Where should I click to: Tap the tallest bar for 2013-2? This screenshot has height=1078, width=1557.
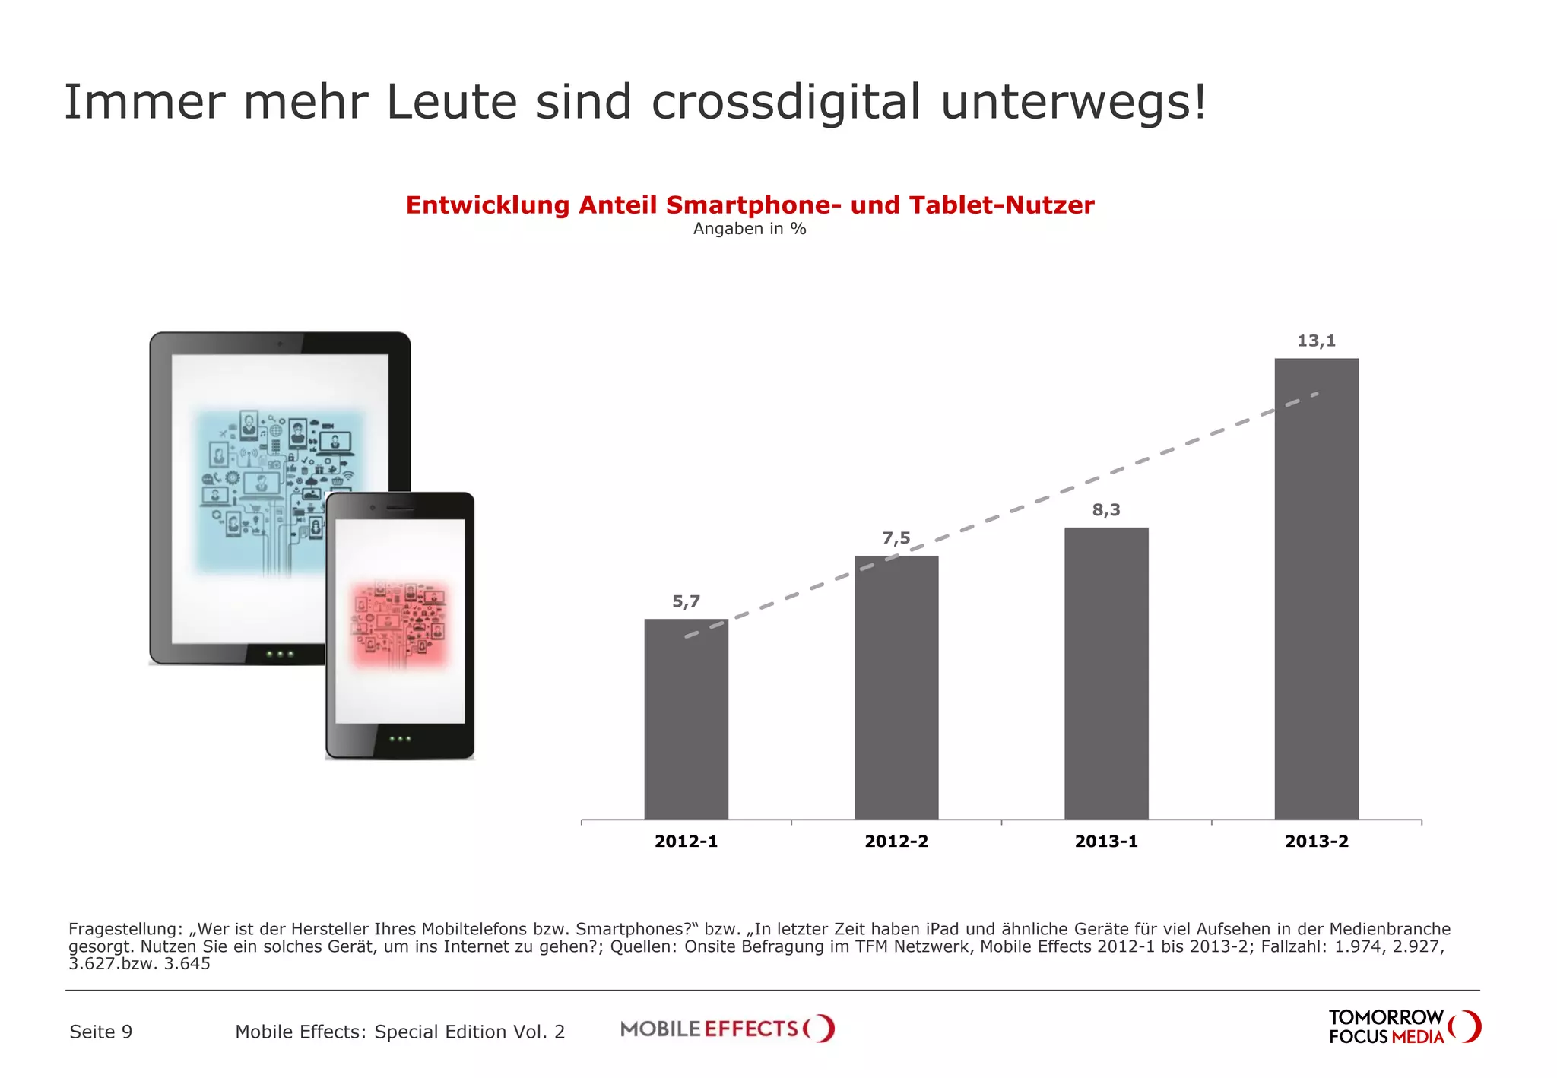tap(1316, 588)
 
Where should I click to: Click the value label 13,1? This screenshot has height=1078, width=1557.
tap(1316, 341)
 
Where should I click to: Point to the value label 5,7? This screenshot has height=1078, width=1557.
tap(686, 601)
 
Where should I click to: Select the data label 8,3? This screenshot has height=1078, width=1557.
tap(1106, 510)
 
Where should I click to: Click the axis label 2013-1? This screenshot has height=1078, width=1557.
tap(1106, 841)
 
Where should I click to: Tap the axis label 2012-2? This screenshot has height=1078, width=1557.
tap(896, 841)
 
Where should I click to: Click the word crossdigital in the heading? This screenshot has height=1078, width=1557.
tap(785, 103)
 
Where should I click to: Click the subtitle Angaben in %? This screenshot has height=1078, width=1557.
tap(750, 229)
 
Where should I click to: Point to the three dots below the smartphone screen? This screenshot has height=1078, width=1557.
tap(400, 739)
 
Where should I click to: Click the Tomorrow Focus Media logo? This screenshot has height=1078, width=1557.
tap(1403, 1027)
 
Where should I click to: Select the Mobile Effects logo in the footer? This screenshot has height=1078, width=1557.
tap(727, 1029)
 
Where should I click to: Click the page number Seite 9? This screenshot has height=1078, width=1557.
tap(101, 1032)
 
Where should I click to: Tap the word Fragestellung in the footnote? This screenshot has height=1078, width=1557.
tap(125, 929)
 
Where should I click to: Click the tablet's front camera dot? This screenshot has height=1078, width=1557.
tap(280, 344)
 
